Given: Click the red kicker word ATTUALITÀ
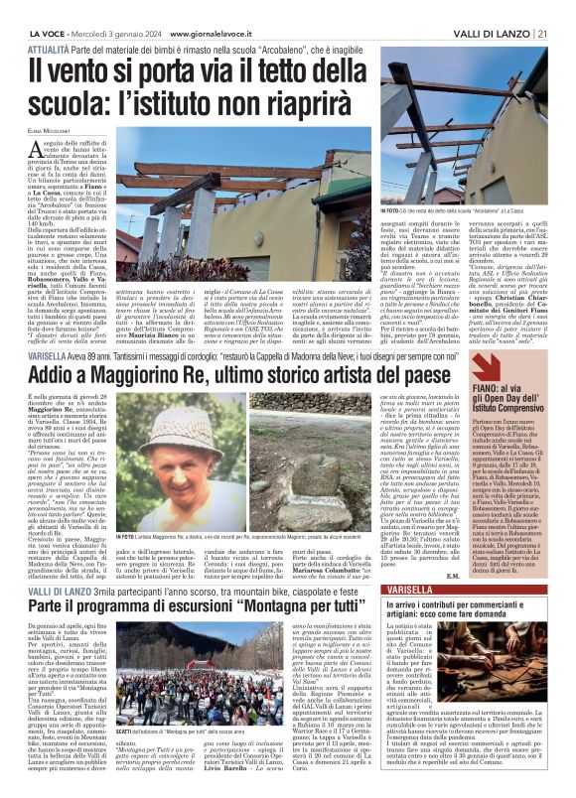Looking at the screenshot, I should (x=48, y=48).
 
